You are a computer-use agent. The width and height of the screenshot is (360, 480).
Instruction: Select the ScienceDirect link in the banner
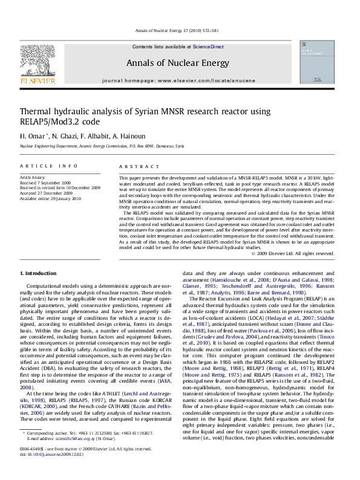tap(208, 47)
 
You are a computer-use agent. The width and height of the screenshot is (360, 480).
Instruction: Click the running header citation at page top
tap(180, 30)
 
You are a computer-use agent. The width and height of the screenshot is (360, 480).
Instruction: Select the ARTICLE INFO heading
tap(48, 166)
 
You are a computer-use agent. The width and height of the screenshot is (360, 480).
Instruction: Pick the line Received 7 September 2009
tap(45, 183)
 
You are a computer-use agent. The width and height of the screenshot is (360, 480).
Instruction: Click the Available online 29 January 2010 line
tap(50, 197)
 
